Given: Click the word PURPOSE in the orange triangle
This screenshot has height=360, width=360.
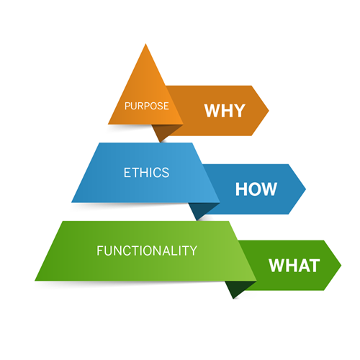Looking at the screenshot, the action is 146,106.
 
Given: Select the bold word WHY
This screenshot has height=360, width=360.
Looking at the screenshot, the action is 225,110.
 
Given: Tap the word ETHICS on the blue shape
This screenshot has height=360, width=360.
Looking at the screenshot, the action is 146,173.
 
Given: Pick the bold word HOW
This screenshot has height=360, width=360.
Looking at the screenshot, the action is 256,189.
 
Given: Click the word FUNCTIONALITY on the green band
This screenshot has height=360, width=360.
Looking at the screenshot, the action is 147,251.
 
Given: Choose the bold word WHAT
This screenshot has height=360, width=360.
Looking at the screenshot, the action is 294,266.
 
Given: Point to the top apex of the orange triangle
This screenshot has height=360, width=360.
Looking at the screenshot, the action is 145,44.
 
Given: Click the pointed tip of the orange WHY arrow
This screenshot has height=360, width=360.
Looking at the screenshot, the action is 269,111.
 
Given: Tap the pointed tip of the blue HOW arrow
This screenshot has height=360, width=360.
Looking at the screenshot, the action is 306,189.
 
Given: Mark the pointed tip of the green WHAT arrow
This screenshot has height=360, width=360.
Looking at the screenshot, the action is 341,266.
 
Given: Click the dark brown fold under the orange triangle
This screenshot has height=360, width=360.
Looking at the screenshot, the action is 164,131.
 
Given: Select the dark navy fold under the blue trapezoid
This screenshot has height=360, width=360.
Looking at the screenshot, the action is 201,210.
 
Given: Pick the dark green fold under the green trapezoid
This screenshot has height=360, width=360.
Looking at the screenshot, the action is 238,287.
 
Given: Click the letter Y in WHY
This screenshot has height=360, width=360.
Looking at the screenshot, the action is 239,110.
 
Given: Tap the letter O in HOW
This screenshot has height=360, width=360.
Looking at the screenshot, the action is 255,189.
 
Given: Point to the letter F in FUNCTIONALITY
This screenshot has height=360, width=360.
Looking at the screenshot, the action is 99,251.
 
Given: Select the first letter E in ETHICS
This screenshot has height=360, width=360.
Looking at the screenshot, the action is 127,173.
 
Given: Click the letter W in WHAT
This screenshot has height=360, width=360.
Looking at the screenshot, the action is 277,266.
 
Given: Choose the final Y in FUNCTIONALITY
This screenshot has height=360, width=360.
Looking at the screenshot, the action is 192,251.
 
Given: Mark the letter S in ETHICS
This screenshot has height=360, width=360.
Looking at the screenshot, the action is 166,173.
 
